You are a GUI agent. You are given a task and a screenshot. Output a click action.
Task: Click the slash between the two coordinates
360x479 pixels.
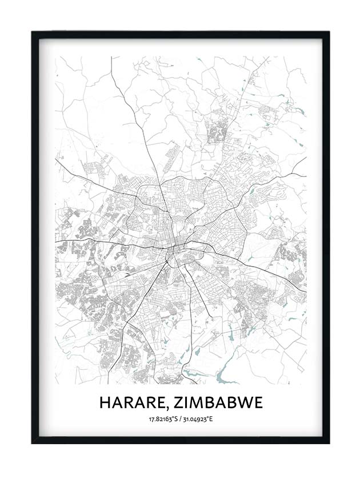(179, 420)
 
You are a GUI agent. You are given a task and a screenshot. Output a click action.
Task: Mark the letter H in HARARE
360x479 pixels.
(105, 402)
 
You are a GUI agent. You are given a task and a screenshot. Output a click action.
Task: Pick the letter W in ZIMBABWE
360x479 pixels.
(245, 402)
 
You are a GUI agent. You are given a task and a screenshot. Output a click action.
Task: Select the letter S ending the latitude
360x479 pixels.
(175, 420)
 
